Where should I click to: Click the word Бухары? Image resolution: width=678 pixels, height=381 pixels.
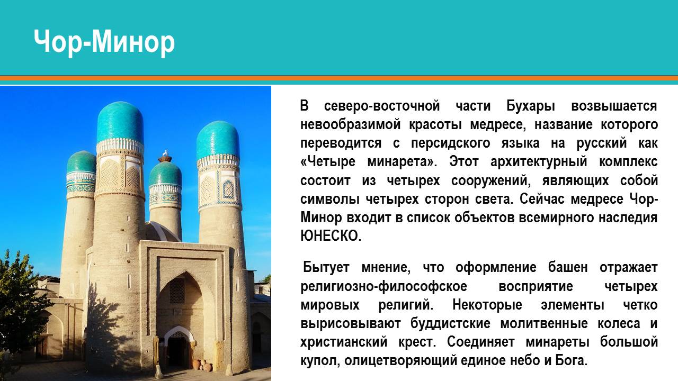pos(531,107)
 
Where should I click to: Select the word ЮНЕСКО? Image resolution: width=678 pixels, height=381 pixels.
pos(331,236)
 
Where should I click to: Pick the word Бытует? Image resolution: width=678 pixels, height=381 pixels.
pos(326,268)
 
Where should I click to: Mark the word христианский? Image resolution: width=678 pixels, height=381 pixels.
pos(344,342)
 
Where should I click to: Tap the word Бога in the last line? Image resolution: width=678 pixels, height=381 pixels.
pos(572,361)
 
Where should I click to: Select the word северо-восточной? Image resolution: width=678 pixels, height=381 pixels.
pos(382,106)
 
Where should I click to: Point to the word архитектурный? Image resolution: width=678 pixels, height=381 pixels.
pos(539,162)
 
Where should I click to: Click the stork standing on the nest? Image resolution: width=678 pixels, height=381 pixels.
pos(165,153)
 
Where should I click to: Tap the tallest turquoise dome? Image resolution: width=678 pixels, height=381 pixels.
pos(120,122)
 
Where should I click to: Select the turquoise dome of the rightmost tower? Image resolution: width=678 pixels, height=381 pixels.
pos(218,140)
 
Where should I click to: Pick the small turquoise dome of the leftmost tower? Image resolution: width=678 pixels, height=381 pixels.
pos(81,162)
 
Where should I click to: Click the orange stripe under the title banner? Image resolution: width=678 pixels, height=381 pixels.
pos(339,78)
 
